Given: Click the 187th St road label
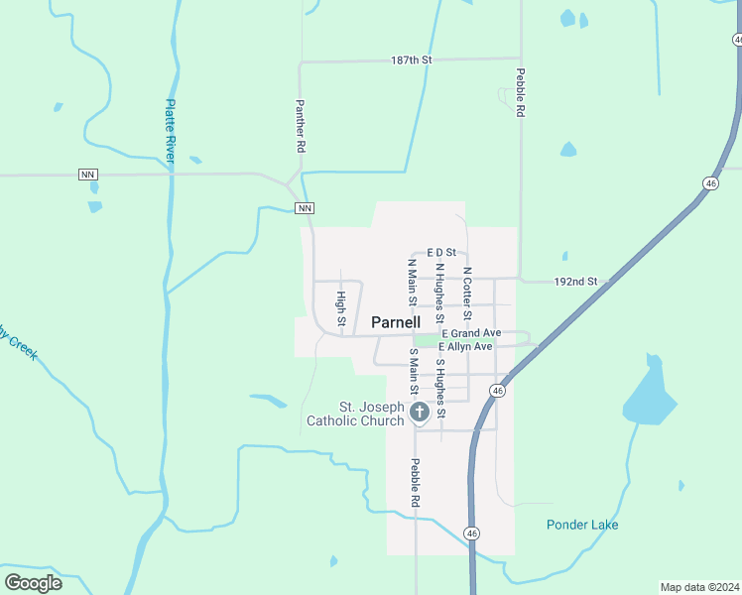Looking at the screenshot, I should pos(412,60).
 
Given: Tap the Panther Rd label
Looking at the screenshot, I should pos(299,125).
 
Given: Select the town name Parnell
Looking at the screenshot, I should pos(396,322).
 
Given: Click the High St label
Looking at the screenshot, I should pos(340,308).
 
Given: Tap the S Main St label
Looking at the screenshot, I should pos(413,371).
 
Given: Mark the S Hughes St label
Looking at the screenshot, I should pos(440,388).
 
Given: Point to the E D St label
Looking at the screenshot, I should pos(440,253).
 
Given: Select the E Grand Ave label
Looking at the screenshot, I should pos(471,333).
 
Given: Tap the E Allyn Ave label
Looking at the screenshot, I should pos(465,347).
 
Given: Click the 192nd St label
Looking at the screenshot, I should pos(576,282).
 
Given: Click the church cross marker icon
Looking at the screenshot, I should pos(420,413).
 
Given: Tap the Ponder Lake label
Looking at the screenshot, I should pos(582,525).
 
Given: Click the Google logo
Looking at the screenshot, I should pos(34,583).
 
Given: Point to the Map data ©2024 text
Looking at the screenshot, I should pos(699,586).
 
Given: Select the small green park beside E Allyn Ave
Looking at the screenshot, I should pos(425,341).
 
